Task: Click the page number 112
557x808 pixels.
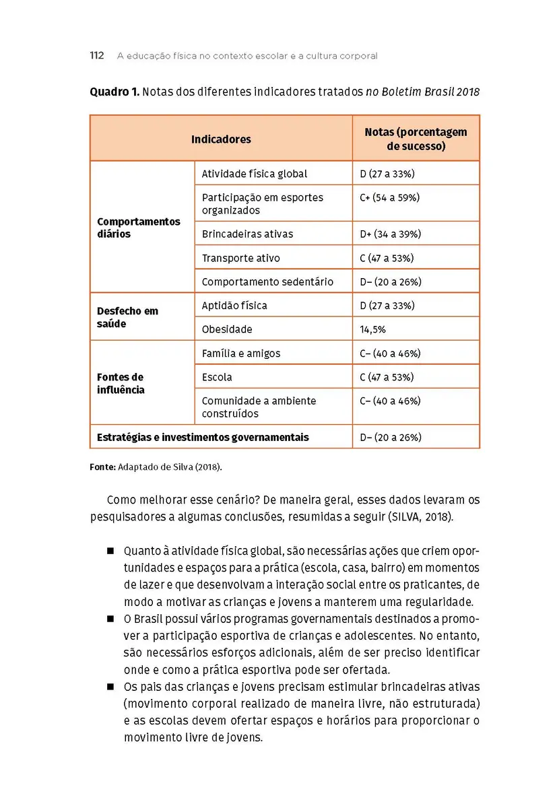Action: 97,56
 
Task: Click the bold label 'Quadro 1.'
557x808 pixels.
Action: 114,92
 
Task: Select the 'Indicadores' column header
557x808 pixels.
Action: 221,139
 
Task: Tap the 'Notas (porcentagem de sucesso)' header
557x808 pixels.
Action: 416,139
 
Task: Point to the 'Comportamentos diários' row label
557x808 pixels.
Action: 139,228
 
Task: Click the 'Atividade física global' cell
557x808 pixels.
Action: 255,174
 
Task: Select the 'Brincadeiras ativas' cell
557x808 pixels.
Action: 248,234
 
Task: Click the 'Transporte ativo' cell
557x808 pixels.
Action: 241,258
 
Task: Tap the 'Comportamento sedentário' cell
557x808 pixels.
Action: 267,282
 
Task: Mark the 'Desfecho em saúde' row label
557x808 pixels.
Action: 128,317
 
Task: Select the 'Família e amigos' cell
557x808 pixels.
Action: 241,353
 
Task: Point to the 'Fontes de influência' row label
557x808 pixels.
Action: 121,383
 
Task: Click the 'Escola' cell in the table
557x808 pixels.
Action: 217,377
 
